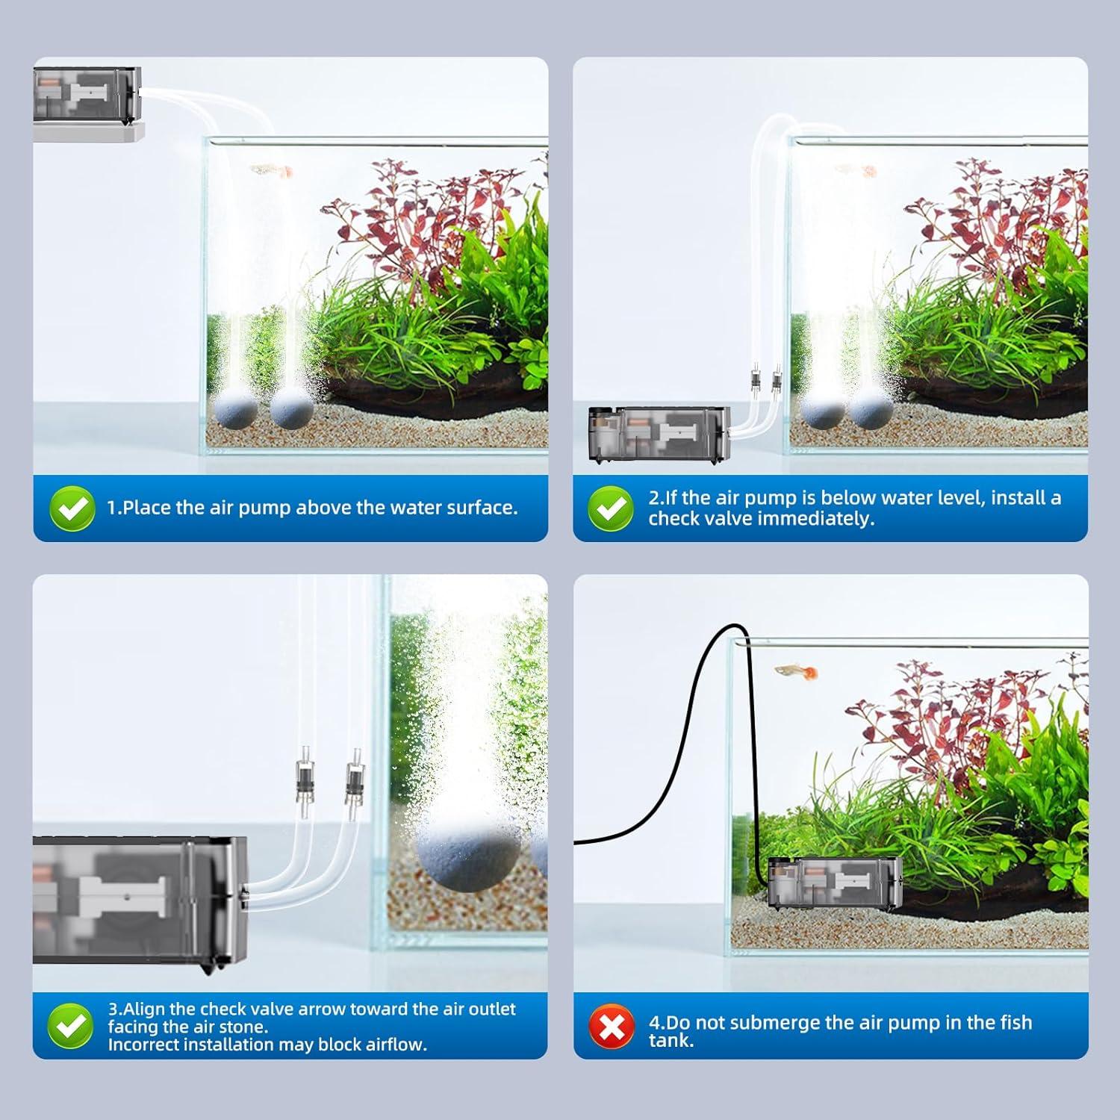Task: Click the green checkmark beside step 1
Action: pyautogui.click(x=72, y=508)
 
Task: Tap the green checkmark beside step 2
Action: pyautogui.click(x=611, y=508)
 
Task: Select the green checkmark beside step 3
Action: pyautogui.click(x=70, y=1026)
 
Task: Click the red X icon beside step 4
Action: pyautogui.click(x=611, y=1027)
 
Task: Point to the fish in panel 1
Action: pyautogui.click(x=270, y=172)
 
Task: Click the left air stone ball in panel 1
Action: pyautogui.click(x=236, y=412)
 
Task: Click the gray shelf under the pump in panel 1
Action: pyautogui.click(x=88, y=133)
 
